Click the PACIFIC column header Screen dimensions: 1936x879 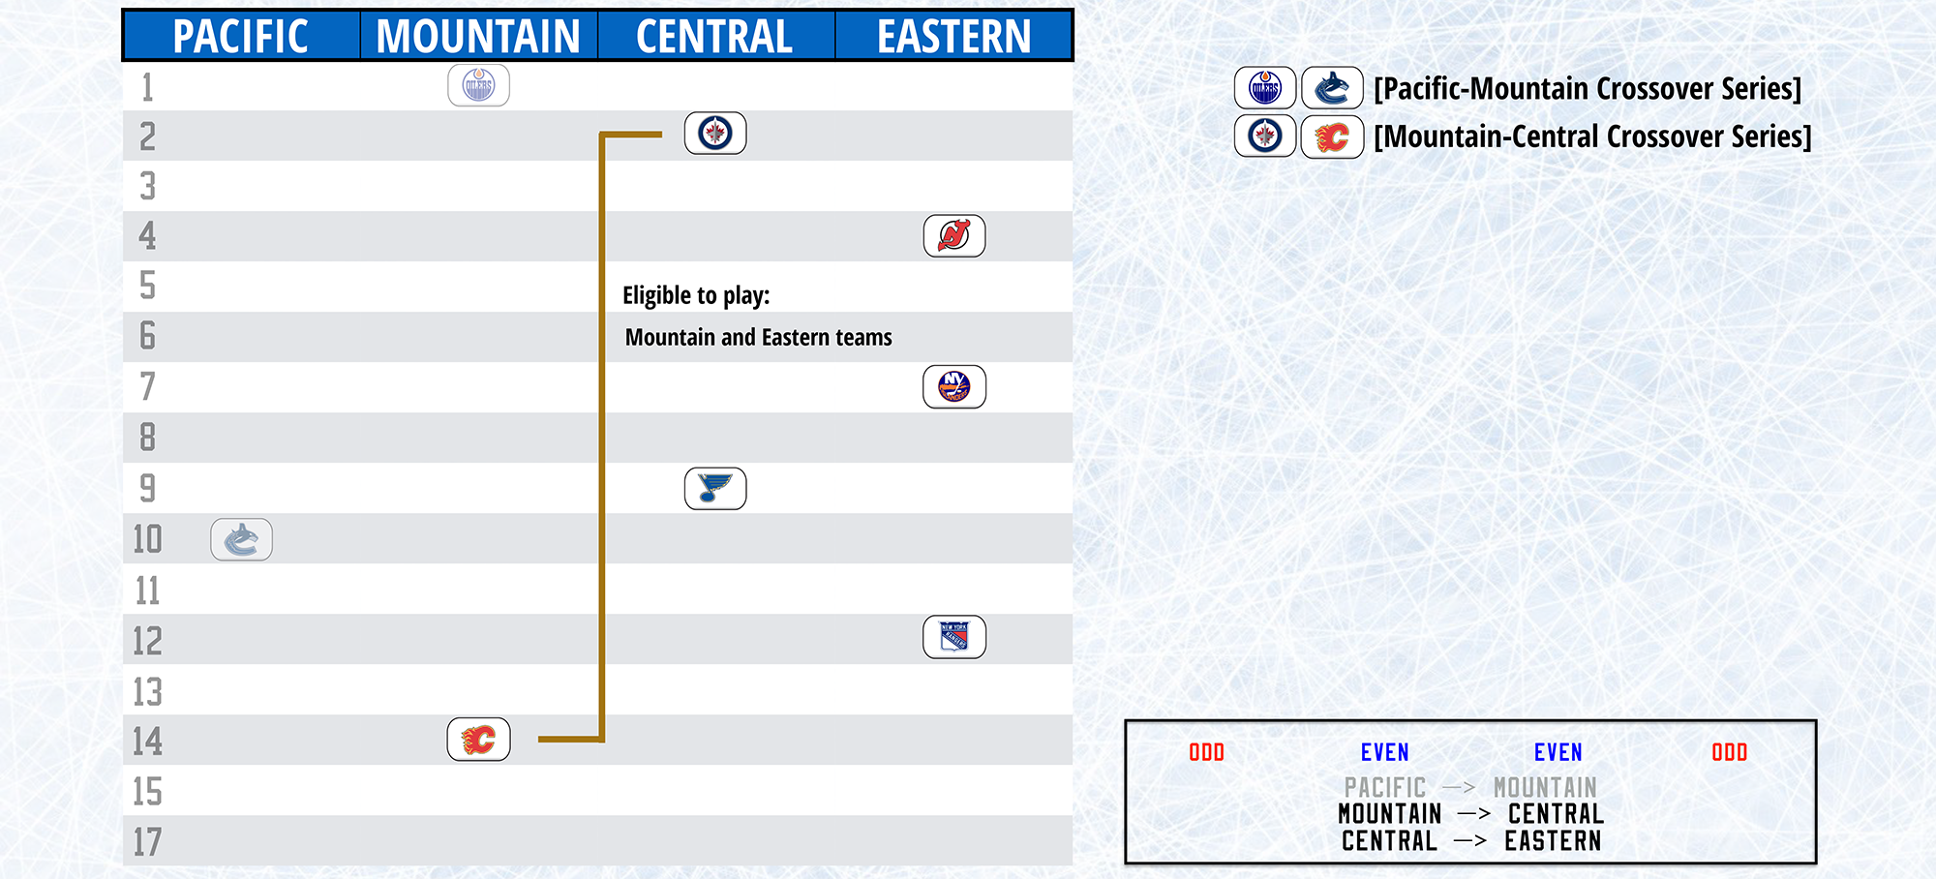pyautogui.click(x=240, y=37)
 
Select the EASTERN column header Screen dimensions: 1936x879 pyautogui.click(x=954, y=37)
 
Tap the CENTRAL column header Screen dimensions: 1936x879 pyautogui.click(x=714, y=37)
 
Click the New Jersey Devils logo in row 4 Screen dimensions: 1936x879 pyautogui.click(x=954, y=235)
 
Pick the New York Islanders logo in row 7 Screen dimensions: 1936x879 pyautogui.click(x=954, y=386)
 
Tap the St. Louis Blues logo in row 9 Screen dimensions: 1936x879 pyautogui.click(x=715, y=488)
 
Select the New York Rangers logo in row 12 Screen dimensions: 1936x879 pyautogui.click(x=954, y=637)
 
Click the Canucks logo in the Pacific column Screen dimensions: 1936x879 pyautogui.click(x=241, y=539)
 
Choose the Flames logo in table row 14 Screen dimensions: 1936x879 pyautogui.click(x=478, y=740)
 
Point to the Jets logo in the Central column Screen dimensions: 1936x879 pyautogui.click(x=715, y=134)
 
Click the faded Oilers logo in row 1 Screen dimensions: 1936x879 pyautogui.click(x=478, y=85)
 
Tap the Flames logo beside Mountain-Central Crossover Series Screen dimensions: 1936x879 pyautogui.click(x=1332, y=136)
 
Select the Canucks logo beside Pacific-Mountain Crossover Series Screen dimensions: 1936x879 pyautogui.click(x=1332, y=88)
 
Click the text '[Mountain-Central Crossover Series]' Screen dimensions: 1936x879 pyautogui.click(x=1592, y=136)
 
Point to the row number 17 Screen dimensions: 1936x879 pyautogui.click(x=147, y=842)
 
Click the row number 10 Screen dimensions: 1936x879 pyautogui.click(x=147, y=539)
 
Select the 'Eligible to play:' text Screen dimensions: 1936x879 pyautogui.click(x=696, y=295)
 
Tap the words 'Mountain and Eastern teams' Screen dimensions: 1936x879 pyautogui.click(x=758, y=337)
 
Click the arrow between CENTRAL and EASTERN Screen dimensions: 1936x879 pyautogui.click(x=1470, y=841)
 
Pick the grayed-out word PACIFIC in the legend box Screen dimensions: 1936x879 pyautogui.click(x=1384, y=787)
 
